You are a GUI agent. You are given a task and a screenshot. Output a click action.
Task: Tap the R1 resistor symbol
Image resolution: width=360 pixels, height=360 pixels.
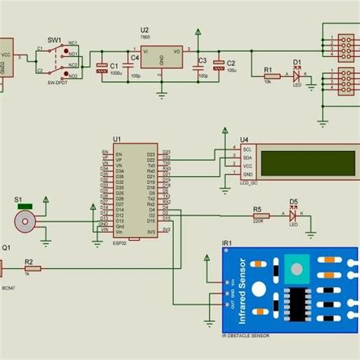click(267, 76)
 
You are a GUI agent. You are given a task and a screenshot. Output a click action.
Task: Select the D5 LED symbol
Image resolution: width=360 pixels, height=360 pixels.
click(293, 215)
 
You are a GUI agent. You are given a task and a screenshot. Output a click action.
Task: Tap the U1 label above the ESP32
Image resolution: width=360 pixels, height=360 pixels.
click(117, 139)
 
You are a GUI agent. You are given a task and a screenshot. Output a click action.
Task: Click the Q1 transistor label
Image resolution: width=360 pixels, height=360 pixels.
click(7, 247)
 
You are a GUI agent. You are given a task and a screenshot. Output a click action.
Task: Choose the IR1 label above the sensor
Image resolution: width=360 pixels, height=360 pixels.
click(226, 242)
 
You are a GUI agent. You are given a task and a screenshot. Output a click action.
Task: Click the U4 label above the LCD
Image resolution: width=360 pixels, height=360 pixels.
click(244, 139)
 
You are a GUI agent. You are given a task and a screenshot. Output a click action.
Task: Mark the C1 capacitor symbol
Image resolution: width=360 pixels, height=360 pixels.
click(102, 68)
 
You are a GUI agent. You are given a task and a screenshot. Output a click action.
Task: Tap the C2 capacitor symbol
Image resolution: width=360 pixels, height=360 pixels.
click(219, 68)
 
